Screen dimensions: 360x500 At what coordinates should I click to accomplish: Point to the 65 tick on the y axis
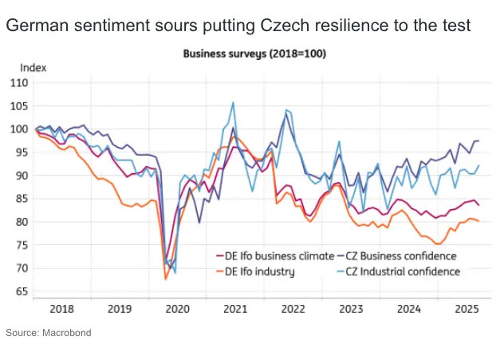(x=19, y=292)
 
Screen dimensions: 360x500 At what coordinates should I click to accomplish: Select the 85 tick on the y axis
(x=19, y=199)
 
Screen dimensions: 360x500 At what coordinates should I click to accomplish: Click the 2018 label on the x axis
(x=61, y=307)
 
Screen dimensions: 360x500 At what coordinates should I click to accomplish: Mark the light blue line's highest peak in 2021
(x=233, y=102)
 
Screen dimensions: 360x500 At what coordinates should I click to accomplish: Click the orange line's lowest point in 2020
(x=165, y=279)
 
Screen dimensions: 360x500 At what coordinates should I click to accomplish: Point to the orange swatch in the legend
(x=222, y=271)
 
